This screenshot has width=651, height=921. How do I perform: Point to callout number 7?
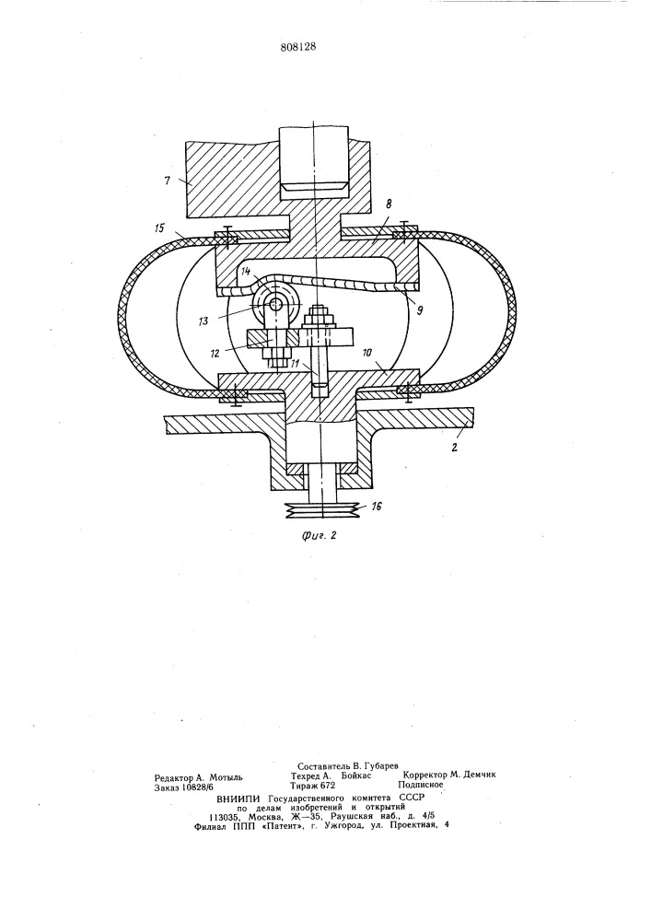point(168,181)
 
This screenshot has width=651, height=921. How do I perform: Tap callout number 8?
point(388,204)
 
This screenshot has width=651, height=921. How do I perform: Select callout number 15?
point(161,227)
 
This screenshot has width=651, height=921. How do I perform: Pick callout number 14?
point(247,272)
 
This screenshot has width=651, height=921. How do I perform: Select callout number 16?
point(377,506)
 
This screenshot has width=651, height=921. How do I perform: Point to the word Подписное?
point(420,784)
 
